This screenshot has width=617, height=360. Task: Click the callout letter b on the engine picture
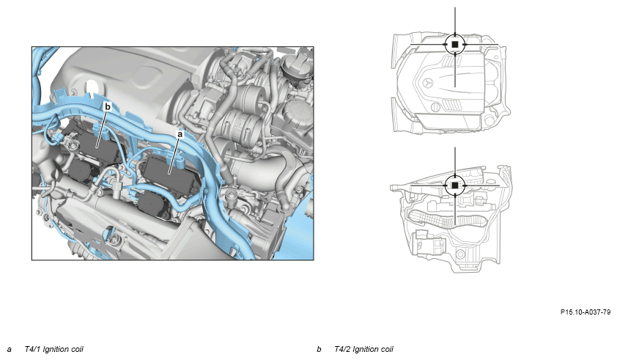coord(108,107)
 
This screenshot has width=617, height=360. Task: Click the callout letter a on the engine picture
coord(180,134)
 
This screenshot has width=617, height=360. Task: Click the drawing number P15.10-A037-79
coord(585,312)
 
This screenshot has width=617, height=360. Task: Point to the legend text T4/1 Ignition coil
coord(54,349)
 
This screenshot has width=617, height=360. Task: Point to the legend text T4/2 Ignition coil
coord(363,349)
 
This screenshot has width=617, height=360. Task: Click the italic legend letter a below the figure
coord(10,349)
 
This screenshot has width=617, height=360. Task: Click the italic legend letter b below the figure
coord(319,349)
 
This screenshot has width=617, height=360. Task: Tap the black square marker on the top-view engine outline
coord(455,45)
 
